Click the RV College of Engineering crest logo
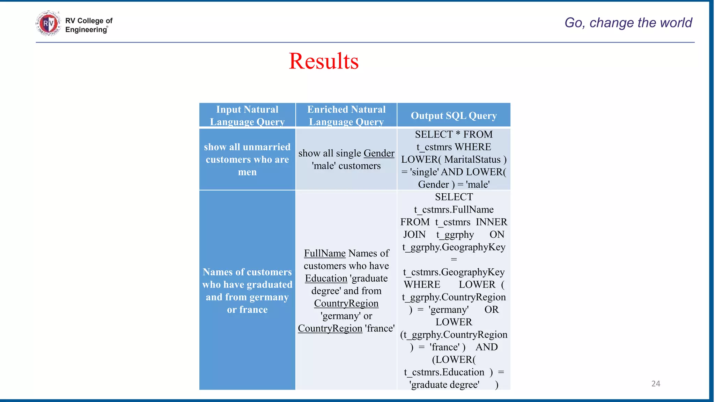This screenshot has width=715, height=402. click(x=48, y=23)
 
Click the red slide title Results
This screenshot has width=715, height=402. click(x=324, y=61)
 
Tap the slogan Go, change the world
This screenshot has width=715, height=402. click(x=628, y=23)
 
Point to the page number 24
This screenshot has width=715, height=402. click(x=656, y=384)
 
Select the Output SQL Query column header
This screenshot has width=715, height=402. click(x=454, y=116)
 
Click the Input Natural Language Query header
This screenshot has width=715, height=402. click(x=247, y=116)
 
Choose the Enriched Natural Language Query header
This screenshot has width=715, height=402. click(x=346, y=116)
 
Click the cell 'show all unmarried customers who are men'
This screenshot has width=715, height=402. click(x=247, y=159)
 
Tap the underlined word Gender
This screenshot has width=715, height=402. click(x=379, y=153)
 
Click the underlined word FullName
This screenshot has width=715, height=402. click(x=325, y=253)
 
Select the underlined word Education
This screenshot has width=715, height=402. click(x=326, y=278)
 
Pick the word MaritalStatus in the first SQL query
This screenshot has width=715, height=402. click(x=472, y=159)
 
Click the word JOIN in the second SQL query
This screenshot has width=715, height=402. click(x=414, y=234)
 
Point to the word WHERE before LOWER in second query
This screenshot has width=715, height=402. click(x=422, y=285)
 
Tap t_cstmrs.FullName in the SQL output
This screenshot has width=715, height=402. click(x=454, y=209)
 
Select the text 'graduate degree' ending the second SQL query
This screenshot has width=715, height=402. click(x=444, y=385)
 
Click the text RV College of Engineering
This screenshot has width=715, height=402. click(x=89, y=25)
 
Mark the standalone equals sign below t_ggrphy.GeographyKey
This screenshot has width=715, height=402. click(x=454, y=260)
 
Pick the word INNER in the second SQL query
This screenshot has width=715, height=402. click(x=491, y=222)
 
